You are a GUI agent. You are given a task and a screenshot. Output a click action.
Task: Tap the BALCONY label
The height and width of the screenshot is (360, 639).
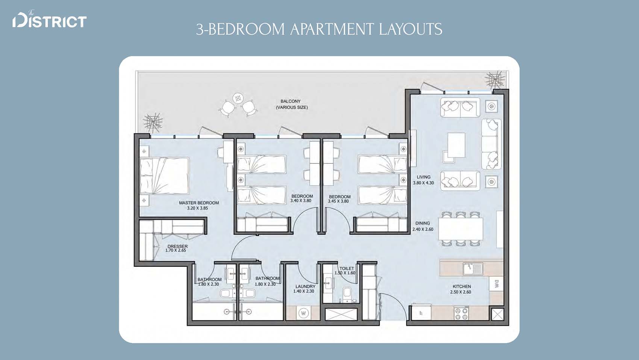click(x=291, y=101)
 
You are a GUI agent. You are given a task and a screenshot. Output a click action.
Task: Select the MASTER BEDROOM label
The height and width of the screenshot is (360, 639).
click(x=199, y=203)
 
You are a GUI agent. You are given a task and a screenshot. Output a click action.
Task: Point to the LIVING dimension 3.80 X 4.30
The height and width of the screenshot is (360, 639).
click(x=423, y=183)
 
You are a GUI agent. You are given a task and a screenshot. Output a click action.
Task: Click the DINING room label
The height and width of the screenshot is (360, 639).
click(x=422, y=223)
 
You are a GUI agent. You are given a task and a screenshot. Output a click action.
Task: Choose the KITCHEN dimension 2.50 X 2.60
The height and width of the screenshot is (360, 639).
click(x=460, y=292)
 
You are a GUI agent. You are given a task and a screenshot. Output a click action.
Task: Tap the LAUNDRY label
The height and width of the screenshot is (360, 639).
click(x=305, y=286)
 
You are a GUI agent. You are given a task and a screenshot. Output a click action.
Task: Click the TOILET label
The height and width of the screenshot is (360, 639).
click(x=347, y=268)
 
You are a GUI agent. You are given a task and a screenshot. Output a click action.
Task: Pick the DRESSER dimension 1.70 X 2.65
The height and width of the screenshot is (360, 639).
click(x=176, y=251)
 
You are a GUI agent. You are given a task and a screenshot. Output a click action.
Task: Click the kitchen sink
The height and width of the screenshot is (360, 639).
click(x=473, y=269)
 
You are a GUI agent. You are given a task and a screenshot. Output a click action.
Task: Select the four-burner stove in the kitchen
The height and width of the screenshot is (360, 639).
click(x=461, y=313)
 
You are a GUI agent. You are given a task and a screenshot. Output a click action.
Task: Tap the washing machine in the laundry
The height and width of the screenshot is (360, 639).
click(x=304, y=313)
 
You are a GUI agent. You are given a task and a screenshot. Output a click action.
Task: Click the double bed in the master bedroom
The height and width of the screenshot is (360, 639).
click(x=164, y=176)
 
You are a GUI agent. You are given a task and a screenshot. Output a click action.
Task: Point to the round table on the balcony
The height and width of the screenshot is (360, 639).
click(x=238, y=98)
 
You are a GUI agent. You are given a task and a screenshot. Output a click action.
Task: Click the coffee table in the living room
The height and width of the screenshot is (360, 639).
click(x=456, y=145)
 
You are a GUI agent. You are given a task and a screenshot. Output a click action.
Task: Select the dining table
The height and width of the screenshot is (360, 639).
click(x=460, y=229)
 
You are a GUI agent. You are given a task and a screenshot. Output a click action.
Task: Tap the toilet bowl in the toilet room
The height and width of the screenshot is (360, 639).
click(x=347, y=293)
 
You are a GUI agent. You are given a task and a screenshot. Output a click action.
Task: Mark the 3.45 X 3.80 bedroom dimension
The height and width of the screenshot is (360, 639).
click(x=338, y=201)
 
